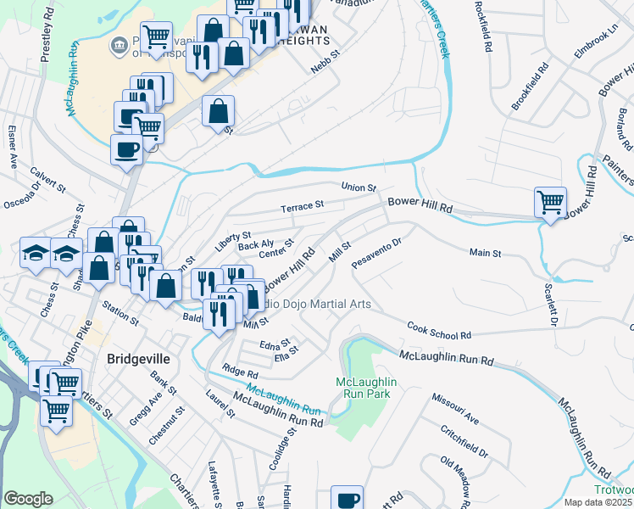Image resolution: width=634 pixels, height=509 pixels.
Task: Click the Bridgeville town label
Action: pos(138,359)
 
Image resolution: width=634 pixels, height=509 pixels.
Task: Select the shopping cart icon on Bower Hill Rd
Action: pos(550,203)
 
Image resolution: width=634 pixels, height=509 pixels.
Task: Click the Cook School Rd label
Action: pos(438,331)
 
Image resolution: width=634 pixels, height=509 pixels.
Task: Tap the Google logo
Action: pos(28,498)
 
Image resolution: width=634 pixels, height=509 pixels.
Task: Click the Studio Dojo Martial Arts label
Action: pos(306,304)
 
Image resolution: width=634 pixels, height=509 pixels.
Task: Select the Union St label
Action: pos(358,187)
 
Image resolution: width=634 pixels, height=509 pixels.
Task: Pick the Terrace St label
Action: pos(303,205)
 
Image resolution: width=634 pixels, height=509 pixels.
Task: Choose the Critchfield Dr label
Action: pos(464,441)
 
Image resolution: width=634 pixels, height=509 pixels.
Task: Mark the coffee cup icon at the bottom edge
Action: pos(346,499)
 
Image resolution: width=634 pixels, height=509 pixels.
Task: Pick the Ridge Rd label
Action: pos(240,371)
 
